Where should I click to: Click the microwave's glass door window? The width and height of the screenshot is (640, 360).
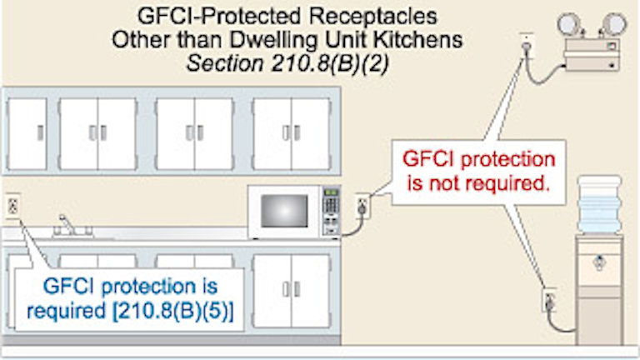(282, 211)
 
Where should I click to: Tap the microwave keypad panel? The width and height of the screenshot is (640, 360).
(331, 208)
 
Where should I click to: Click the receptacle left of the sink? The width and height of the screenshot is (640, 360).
(13, 205)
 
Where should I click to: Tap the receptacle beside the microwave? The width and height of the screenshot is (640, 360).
(362, 202)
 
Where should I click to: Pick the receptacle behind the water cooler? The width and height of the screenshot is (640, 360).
(548, 298)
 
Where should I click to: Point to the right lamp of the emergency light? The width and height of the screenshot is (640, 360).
(615, 22)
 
